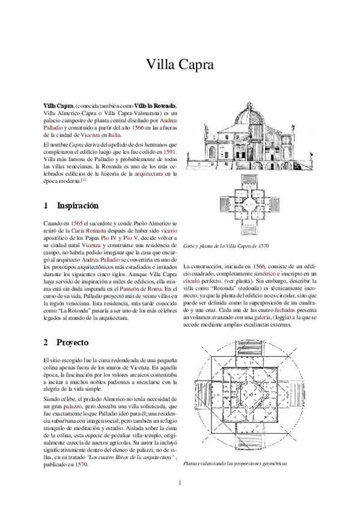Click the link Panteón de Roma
tap(136, 289)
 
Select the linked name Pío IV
tap(109, 238)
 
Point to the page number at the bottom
tap(180, 483)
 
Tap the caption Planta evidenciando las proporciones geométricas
tap(235, 463)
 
